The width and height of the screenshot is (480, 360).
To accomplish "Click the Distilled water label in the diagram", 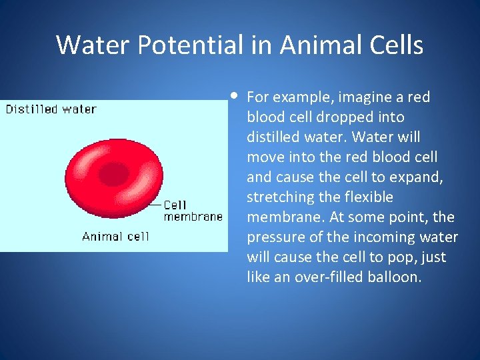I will tap(51, 109).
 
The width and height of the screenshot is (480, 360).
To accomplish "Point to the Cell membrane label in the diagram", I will tap(193, 211).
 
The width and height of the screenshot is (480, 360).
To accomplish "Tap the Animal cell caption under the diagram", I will tap(115, 236).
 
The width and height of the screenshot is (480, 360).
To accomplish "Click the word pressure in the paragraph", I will tap(274, 237).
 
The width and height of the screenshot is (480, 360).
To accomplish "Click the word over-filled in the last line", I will tap(323, 277).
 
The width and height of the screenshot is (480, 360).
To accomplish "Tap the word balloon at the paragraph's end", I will tap(395, 277).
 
